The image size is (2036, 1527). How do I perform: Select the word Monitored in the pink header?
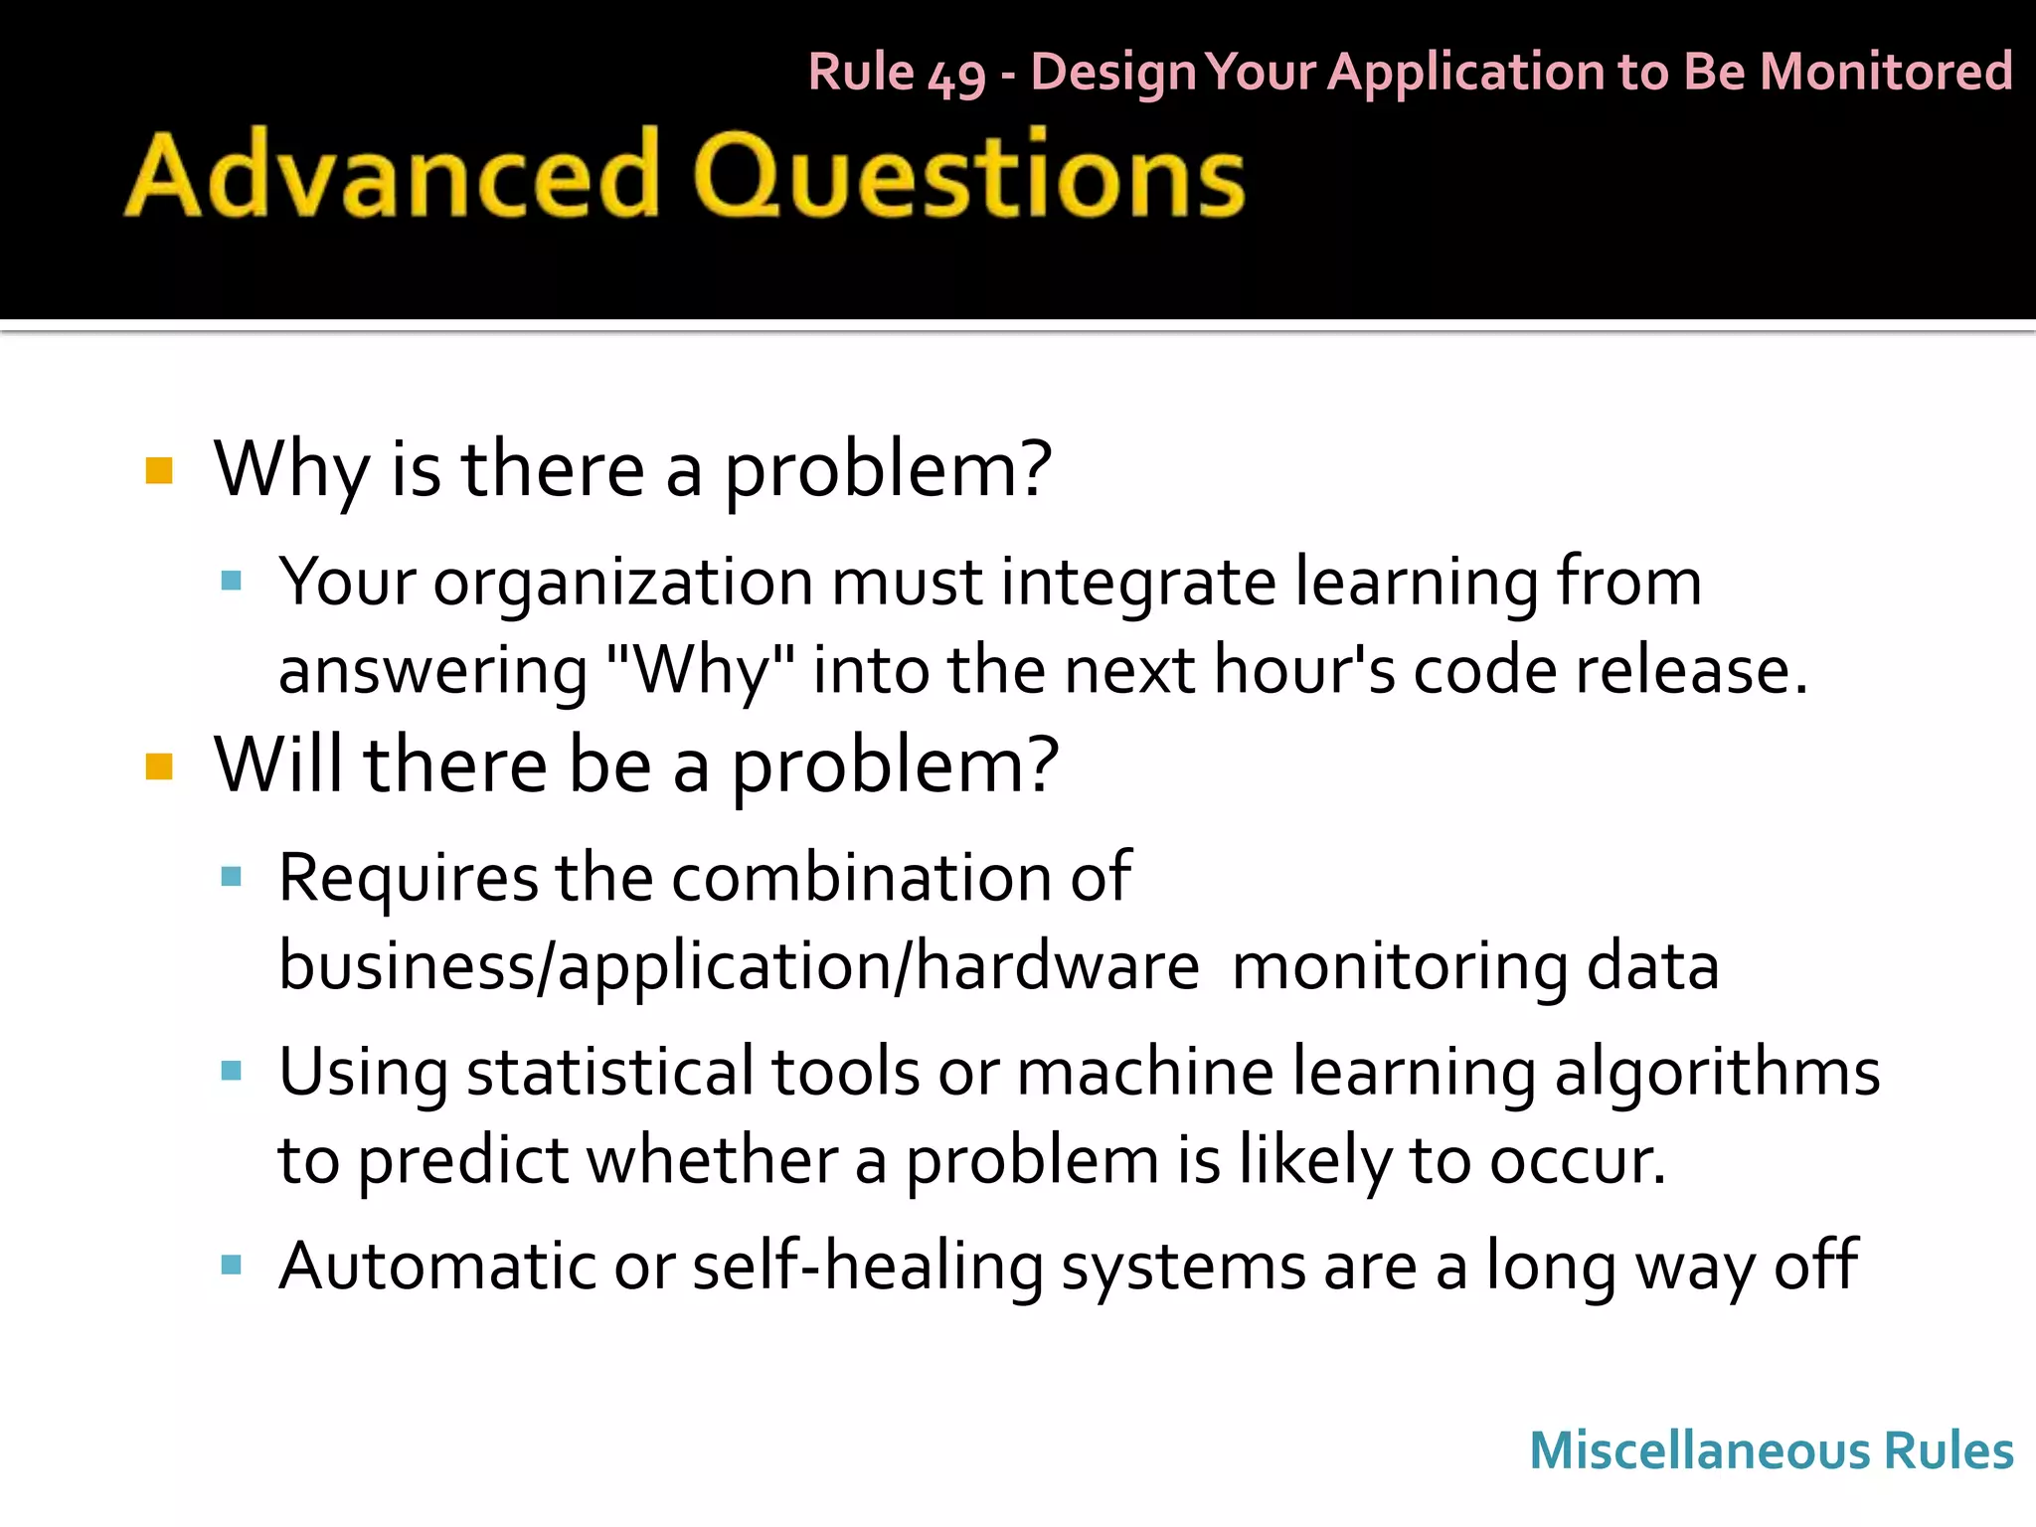coord(1885,72)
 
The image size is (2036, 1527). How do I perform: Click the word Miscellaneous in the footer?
coord(1697,1450)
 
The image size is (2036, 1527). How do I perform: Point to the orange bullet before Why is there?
coord(159,470)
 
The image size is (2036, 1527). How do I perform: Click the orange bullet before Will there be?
coord(159,766)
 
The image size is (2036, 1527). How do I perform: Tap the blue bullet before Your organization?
coord(232,582)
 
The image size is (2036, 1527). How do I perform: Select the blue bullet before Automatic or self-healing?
coord(232,1266)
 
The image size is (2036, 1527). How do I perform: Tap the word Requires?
coord(408,879)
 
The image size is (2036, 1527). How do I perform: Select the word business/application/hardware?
coord(739,967)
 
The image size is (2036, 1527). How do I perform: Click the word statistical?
coord(609,1073)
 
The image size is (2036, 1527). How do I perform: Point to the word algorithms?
coord(1717,1073)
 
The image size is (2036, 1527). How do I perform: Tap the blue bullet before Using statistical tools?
coord(232,1071)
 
